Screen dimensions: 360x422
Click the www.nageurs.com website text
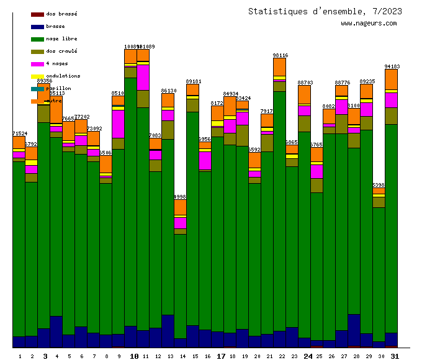tap(369, 24)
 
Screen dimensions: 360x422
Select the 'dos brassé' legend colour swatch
tap(37, 14)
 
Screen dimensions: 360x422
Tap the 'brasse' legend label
tap(55, 26)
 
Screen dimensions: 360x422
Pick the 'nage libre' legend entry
tap(61, 38)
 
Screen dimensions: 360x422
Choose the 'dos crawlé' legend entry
tap(61, 51)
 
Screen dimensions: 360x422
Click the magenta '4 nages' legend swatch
tap(37, 63)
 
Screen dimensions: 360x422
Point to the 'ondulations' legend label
tap(63, 76)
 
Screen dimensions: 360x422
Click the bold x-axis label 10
tap(134, 356)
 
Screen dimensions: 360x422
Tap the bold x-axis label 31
tap(395, 356)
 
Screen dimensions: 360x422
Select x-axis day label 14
tap(182, 356)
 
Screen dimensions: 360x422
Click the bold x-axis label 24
tap(308, 356)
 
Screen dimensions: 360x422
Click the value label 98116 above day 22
tap(281, 55)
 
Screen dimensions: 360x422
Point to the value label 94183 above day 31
tap(392, 66)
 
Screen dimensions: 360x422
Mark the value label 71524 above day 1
tap(20, 133)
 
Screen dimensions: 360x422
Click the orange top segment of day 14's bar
tap(180, 207)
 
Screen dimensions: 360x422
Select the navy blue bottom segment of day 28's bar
tap(354, 330)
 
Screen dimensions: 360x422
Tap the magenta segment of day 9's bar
tap(118, 124)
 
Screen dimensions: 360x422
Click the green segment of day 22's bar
tap(279, 211)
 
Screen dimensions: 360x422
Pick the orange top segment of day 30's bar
tap(379, 191)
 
